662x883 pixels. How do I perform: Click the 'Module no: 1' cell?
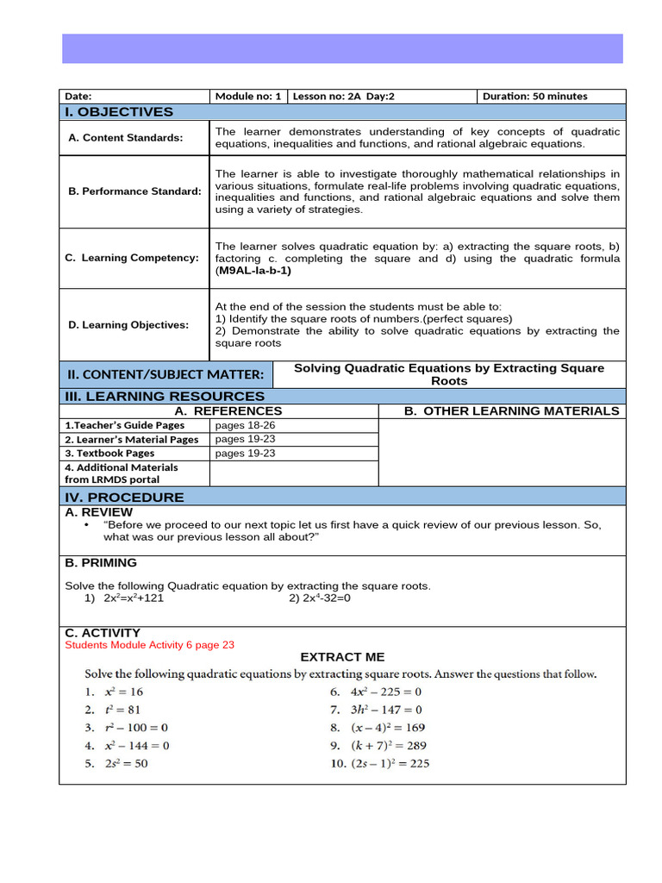pos(248,97)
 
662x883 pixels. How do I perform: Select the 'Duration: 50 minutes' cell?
pos(534,97)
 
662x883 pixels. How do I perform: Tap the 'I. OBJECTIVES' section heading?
pos(119,112)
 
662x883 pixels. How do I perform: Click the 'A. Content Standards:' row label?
pos(126,138)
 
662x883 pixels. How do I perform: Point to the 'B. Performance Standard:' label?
pos(134,191)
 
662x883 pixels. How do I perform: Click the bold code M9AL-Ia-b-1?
pos(253,270)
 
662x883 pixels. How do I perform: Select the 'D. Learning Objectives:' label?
pos(128,325)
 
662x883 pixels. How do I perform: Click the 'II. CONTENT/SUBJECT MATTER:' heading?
pos(165,374)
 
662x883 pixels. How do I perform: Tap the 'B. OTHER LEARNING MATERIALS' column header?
pos(511,411)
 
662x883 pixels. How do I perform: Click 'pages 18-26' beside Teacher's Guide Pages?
pos(245,425)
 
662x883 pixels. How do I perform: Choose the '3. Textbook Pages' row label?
pos(109,453)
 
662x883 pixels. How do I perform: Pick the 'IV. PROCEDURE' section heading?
pos(124,497)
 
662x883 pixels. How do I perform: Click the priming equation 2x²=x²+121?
pos(134,598)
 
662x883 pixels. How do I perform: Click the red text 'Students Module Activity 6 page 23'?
pos(150,644)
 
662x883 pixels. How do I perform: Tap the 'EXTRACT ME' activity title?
pos(342,657)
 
